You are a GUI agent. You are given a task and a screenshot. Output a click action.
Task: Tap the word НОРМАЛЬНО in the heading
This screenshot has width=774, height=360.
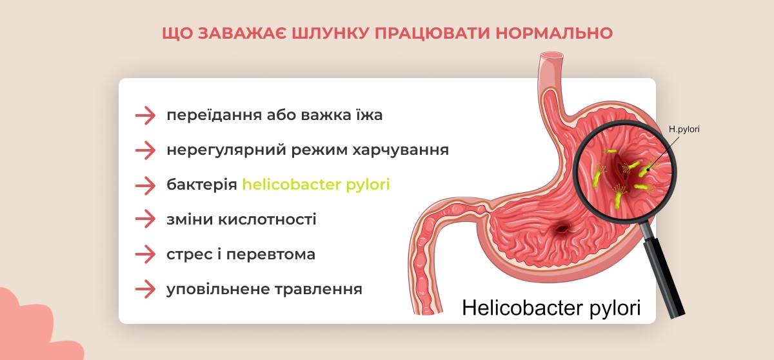pyautogui.click(x=554, y=34)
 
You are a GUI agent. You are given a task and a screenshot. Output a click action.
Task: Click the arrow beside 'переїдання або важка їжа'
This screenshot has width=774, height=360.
pyautogui.click(x=146, y=115)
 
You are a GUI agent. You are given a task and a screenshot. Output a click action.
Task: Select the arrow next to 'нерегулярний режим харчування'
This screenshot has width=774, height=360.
pyautogui.click(x=146, y=150)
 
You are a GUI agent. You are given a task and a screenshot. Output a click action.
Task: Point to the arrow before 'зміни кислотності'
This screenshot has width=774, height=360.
pyautogui.click(x=146, y=219)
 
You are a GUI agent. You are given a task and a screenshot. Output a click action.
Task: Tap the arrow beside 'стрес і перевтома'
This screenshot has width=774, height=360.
pyautogui.click(x=146, y=254)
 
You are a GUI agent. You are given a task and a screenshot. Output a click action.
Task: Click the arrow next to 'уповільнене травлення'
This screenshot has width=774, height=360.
pyautogui.click(x=146, y=289)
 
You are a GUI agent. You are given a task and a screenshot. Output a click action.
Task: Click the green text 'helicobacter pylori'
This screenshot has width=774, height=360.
pyautogui.click(x=316, y=185)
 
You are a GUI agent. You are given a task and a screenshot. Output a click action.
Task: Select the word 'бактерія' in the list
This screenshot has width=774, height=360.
pyautogui.click(x=202, y=185)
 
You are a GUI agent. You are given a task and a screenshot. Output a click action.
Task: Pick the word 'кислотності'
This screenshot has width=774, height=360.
pyautogui.click(x=267, y=219)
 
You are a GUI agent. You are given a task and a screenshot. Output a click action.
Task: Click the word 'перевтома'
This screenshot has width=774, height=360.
pyautogui.click(x=270, y=255)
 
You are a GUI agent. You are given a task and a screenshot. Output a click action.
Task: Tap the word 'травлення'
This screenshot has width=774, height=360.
pyautogui.click(x=318, y=290)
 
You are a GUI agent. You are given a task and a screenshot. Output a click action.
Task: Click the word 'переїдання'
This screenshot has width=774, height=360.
pyautogui.click(x=214, y=115)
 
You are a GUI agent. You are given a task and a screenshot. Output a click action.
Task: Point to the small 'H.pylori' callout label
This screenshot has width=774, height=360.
pyautogui.click(x=684, y=129)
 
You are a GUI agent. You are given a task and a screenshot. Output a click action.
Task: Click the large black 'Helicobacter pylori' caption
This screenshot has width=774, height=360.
pyautogui.click(x=551, y=308)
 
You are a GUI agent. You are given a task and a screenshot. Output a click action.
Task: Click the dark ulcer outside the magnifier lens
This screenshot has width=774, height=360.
pyautogui.click(x=562, y=229)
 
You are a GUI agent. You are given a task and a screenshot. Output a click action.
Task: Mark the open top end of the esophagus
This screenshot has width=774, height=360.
pyautogui.click(x=551, y=55)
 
